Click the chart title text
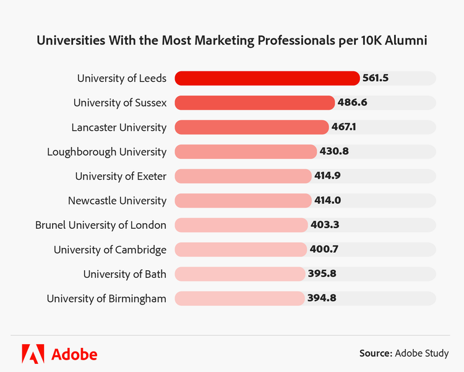[232, 40]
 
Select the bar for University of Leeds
[267, 78]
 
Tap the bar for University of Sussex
[254, 102]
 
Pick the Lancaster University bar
[251, 127]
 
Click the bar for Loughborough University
[246, 151]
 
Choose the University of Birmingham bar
[239, 298]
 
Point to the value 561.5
[376, 78]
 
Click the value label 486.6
[353, 102]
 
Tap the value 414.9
[327, 176]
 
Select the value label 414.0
[327, 200]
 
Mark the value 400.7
[324, 249]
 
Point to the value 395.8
[322, 274]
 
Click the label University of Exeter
[121, 177]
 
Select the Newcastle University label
[117, 201]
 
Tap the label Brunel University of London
[101, 225]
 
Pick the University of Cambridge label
[110, 250]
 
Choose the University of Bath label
[125, 274]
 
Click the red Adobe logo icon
[33, 353]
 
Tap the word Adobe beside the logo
[74, 354]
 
